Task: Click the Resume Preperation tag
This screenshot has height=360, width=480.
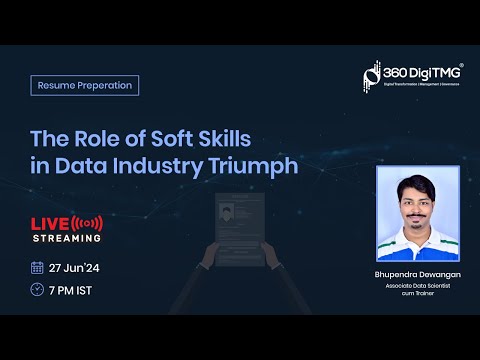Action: pos(85,85)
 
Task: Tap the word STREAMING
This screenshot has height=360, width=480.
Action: pos(67,238)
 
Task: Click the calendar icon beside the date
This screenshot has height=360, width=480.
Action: pos(38,267)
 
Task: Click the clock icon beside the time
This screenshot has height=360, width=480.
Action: pos(38,289)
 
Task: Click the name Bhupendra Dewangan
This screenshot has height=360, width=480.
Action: pos(417,273)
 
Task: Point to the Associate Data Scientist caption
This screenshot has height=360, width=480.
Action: pos(417,286)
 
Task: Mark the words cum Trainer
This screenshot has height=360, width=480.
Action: pos(417,295)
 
